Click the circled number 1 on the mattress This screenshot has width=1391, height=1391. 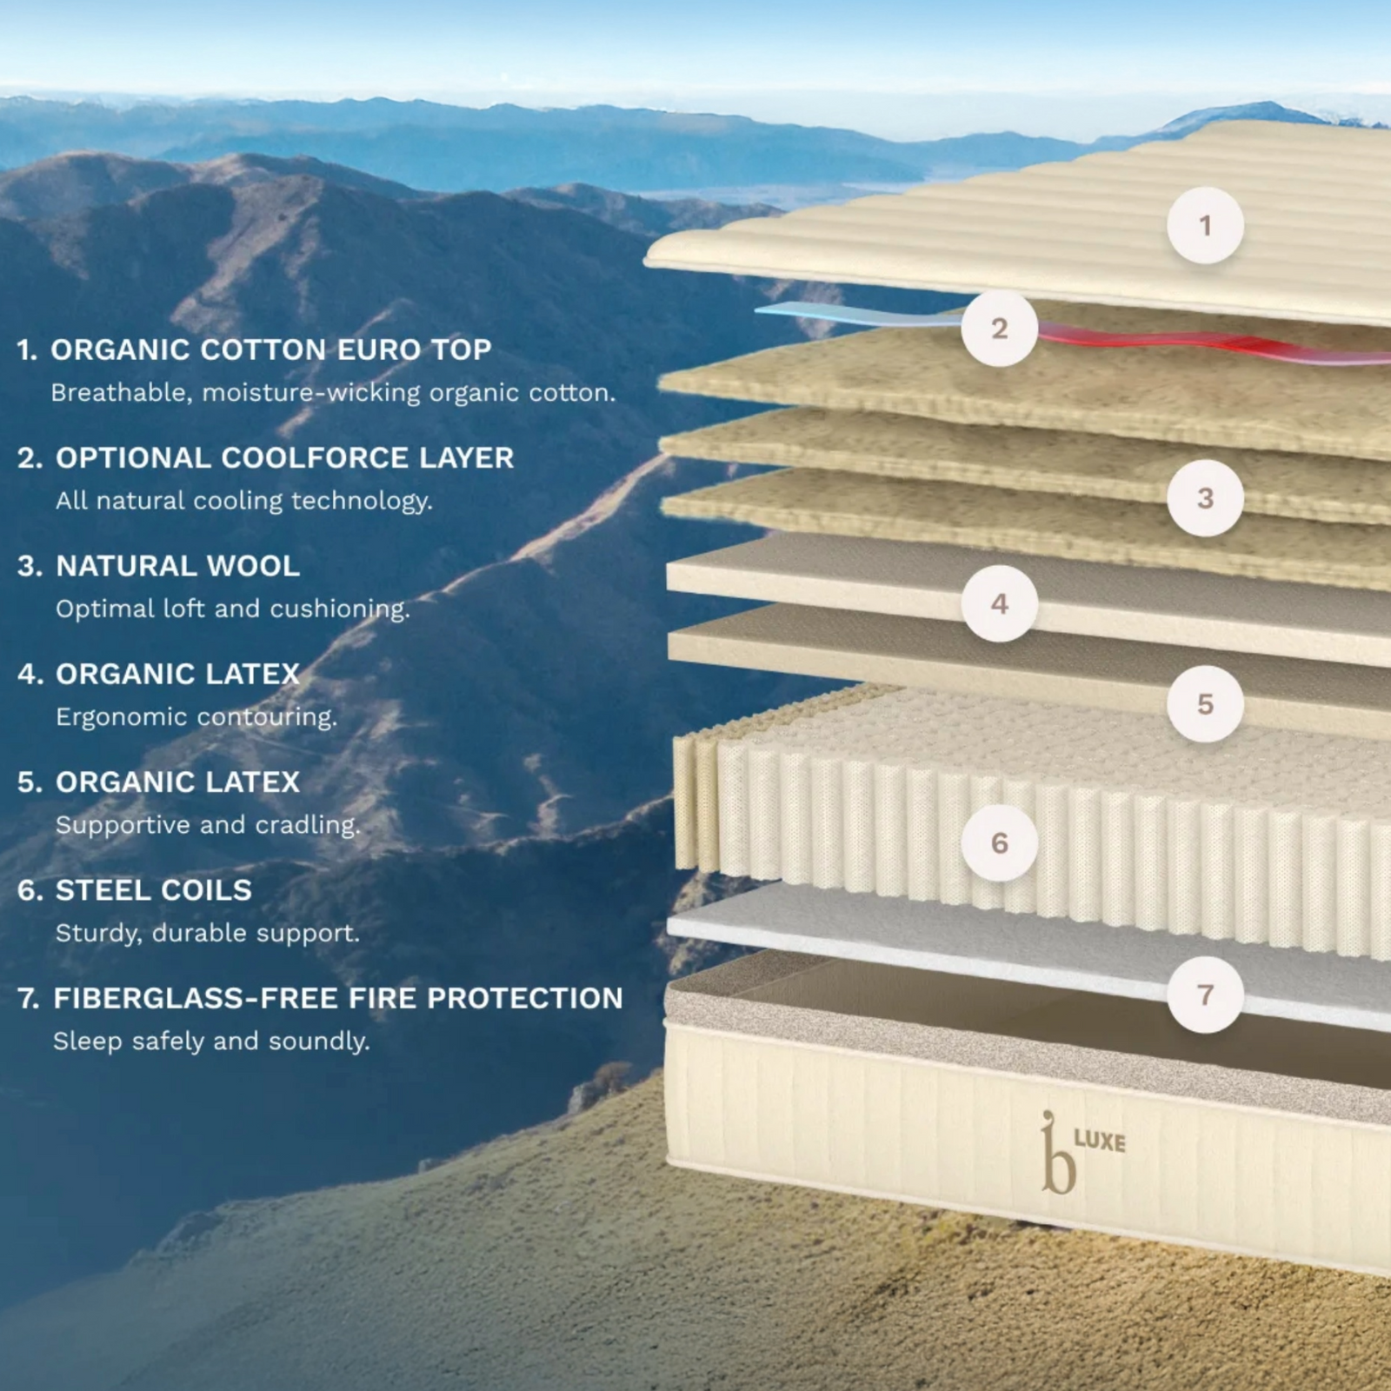pos(1205,225)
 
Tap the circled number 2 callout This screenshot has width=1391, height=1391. pos(1000,328)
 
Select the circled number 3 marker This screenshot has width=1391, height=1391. pos(1205,497)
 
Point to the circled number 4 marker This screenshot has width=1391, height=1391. pos(1000,603)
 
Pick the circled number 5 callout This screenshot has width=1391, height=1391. pos(1205,703)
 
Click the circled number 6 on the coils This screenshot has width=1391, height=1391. pos(1000,842)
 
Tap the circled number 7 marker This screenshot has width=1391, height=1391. pos(1205,995)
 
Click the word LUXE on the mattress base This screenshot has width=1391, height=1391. pos(1100,1141)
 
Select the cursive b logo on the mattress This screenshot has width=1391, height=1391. pos(1058,1153)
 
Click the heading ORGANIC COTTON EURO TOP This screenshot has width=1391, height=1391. pos(271,349)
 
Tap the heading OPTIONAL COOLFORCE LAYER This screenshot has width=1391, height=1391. pos(285,457)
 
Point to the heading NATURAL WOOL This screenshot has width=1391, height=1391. pos(178,566)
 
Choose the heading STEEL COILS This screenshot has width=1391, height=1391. pos(154,890)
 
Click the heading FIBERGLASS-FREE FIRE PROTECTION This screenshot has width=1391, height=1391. pos(338,998)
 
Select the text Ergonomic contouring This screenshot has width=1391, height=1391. pos(196,717)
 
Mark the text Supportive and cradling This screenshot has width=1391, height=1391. pos(208,824)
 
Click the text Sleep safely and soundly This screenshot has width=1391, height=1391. pos(211,1041)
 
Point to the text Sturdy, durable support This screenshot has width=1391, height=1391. pos(208,933)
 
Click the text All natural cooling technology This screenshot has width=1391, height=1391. pos(244,501)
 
